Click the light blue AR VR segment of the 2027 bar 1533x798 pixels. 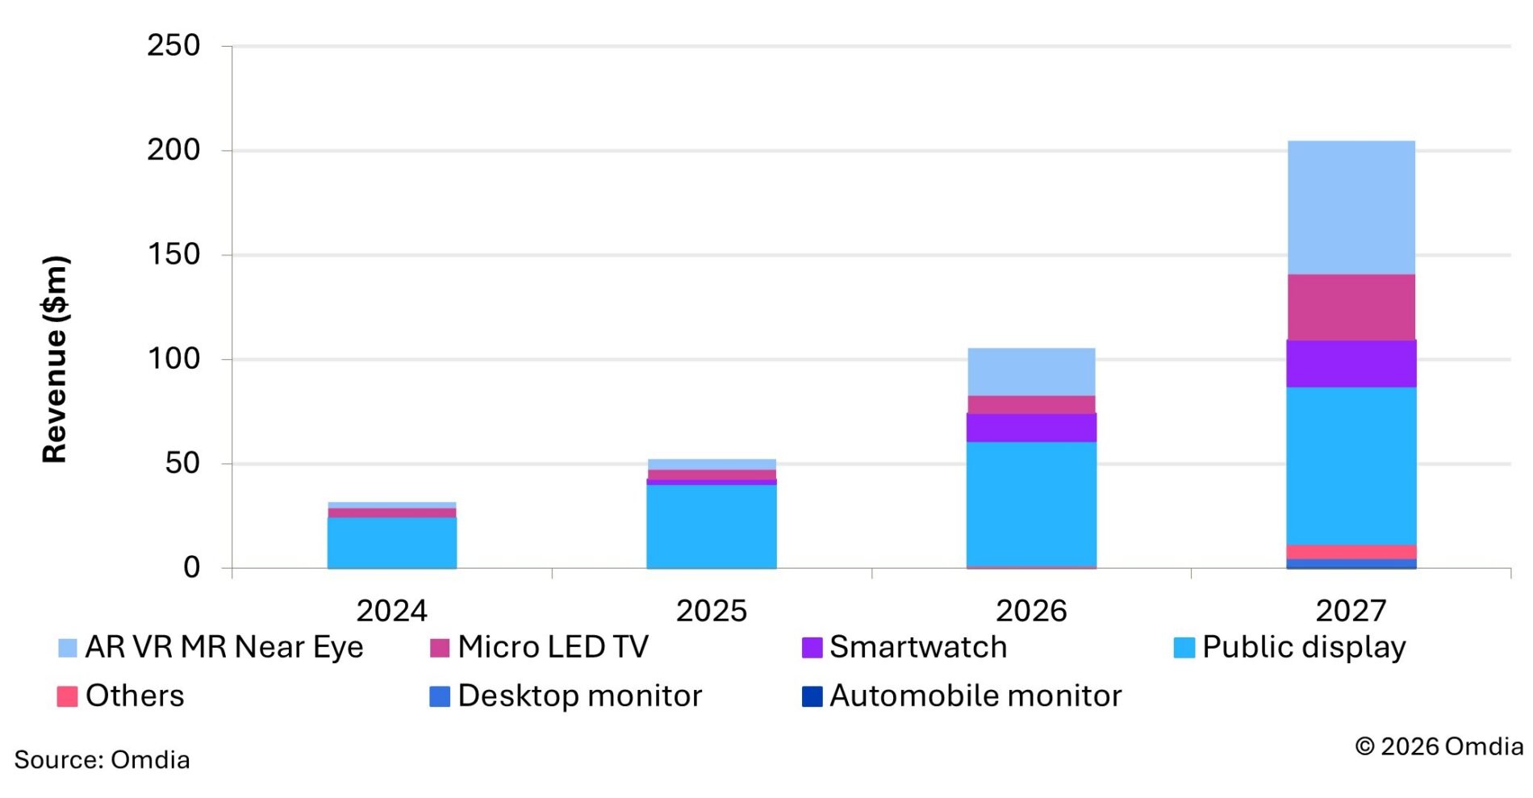coord(1351,207)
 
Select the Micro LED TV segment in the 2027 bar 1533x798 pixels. coord(1351,307)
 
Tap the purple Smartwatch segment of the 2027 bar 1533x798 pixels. coord(1351,363)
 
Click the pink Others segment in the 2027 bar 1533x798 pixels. coord(1351,552)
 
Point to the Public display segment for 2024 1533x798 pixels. coord(391,542)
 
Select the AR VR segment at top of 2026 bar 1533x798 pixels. coord(1031,371)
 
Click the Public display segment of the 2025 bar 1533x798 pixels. coord(711,525)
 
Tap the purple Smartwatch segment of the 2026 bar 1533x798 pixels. coord(1031,427)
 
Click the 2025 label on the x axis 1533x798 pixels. coord(711,611)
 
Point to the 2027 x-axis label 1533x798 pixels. coord(1351,611)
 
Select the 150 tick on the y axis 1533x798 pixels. coord(173,254)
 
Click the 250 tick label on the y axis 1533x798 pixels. coord(173,45)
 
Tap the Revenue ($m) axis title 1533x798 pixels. coord(55,359)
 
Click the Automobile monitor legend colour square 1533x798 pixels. coord(812,696)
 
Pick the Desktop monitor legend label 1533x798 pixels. coord(579,696)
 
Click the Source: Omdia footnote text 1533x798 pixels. coord(102,759)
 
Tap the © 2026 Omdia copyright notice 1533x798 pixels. coord(1439,746)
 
